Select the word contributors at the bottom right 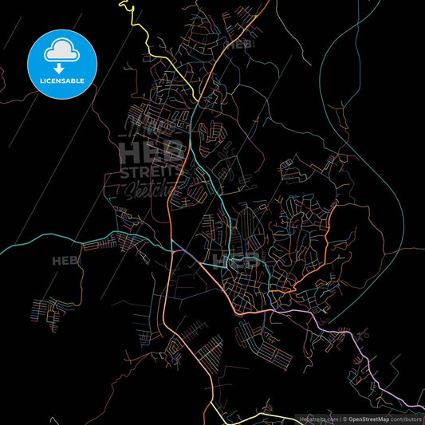pyautogui.click(x=406, y=418)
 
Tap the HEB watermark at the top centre pyautogui.click(x=238, y=45)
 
